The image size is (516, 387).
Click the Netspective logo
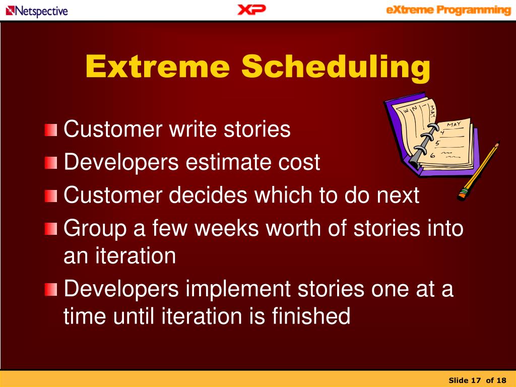point(37,11)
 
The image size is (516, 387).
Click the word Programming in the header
point(474,10)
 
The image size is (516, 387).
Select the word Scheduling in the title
point(336,67)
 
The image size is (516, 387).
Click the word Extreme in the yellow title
point(157,67)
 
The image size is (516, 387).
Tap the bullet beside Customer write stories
point(51,130)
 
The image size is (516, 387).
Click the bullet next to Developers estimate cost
point(51,163)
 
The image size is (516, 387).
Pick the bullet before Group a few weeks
point(51,229)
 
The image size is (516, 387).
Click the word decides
point(208,195)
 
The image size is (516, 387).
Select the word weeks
point(227,228)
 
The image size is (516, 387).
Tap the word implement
point(238,289)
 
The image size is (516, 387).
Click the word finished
point(311,316)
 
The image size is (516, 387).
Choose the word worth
point(293,228)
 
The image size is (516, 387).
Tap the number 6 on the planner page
point(433,155)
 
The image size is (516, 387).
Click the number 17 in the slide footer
point(476,380)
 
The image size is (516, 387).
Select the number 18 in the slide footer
point(501,380)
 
